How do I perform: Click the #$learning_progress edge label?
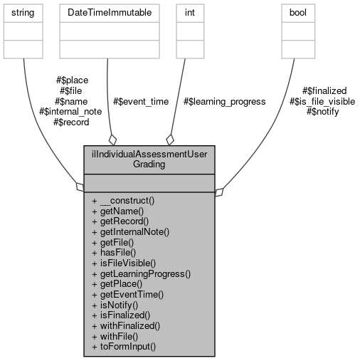(224, 101)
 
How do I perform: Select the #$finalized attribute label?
(324, 91)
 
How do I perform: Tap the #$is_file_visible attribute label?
(322, 101)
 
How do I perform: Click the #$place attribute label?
(72, 80)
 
